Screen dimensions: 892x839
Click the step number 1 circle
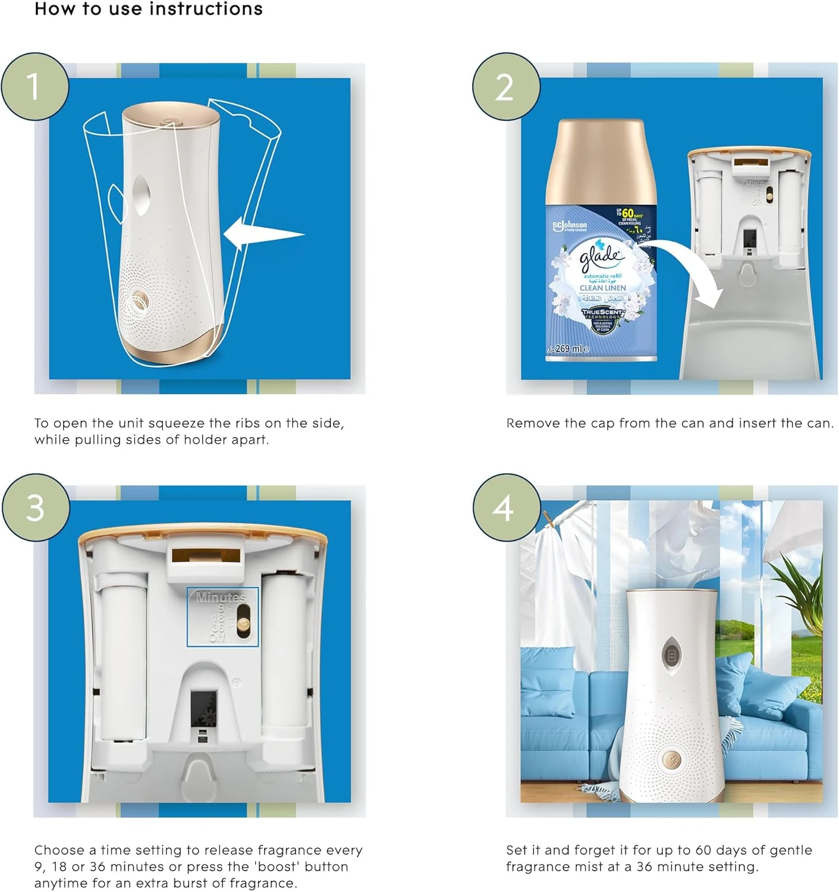(x=34, y=87)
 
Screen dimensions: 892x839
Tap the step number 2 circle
(x=506, y=87)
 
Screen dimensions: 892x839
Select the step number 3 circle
(x=36, y=508)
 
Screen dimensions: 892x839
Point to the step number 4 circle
(x=506, y=508)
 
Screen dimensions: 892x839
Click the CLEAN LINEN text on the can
(x=602, y=288)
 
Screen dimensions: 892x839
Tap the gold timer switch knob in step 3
(x=243, y=623)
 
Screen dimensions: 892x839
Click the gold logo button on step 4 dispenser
(x=671, y=758)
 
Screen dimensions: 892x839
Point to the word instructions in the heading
(x=206, y=9)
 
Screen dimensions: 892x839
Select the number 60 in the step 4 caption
(x=703, y=850)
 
